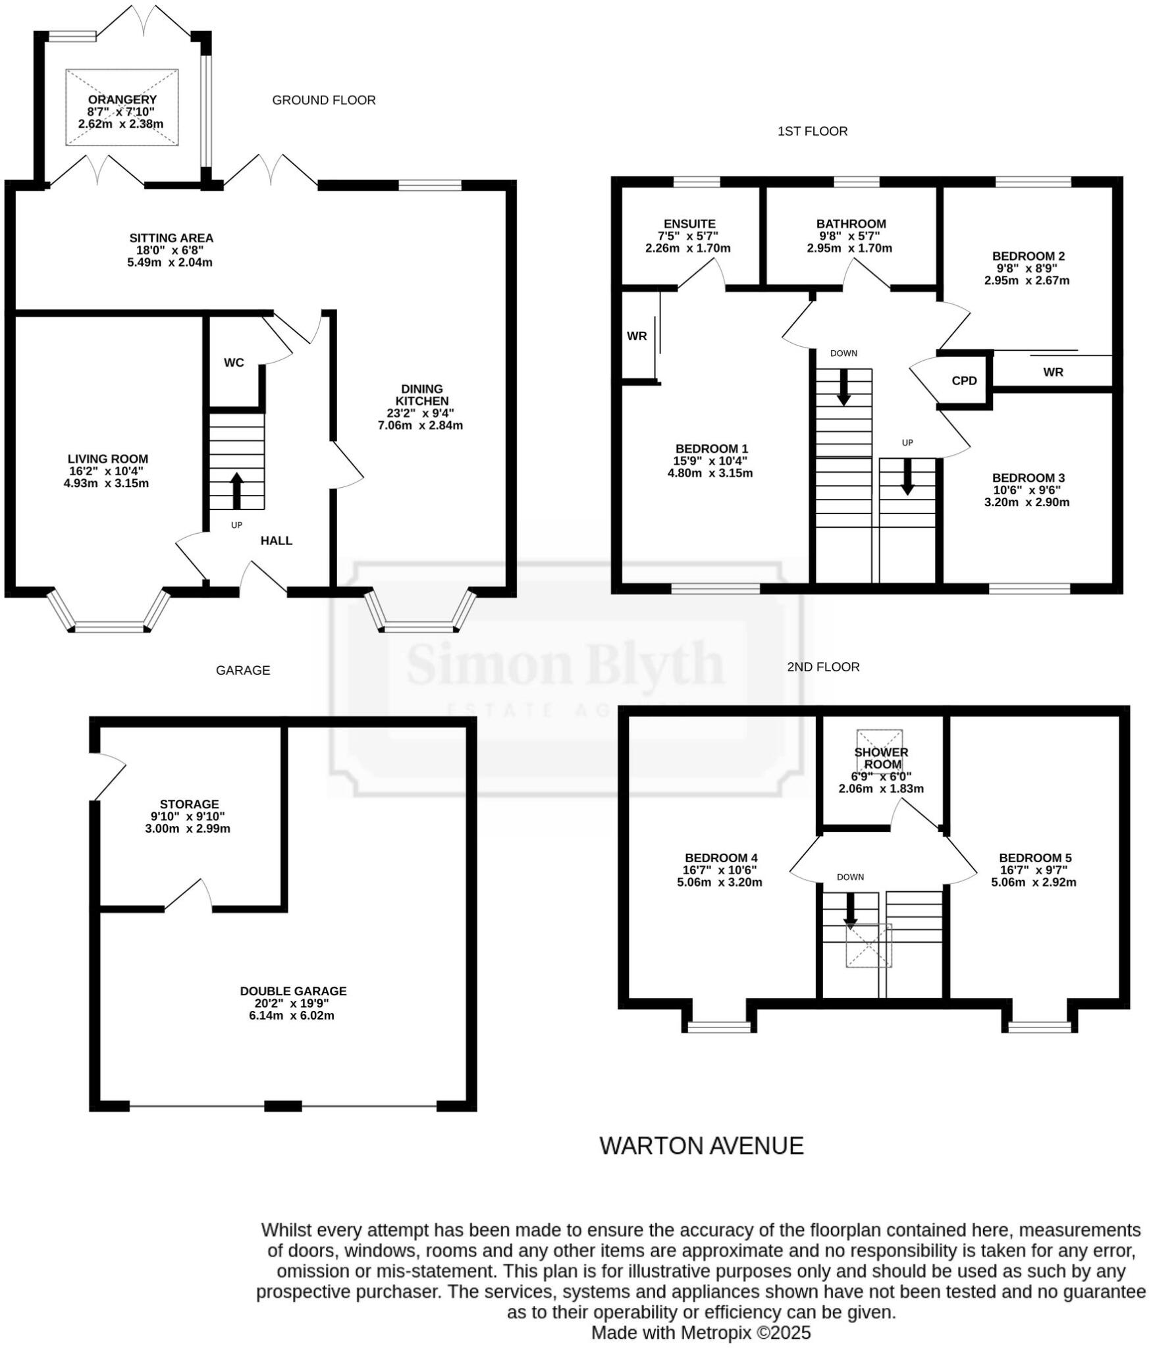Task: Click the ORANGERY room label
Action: pos(122,100)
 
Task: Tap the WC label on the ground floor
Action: pos(234,363)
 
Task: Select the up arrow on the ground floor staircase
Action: pos(236,490)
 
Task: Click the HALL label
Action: pos(276,541)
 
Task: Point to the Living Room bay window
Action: pos(109,627)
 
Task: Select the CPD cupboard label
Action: pos(964,381)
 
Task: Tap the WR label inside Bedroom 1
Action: pos(636,336)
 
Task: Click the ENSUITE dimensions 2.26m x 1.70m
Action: pos(687,249)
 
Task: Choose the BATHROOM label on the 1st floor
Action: pos(851,224)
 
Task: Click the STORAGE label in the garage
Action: pos(189,804)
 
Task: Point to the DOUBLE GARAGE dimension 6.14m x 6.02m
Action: pos(292,1016)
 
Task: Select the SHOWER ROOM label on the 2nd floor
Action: pos(881,758)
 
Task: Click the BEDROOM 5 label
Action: pos(1035,858)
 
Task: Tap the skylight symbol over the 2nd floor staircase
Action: pos(868,945)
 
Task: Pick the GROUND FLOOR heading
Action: pos(323,100)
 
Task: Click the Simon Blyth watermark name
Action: pos(564,664)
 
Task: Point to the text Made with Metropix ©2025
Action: pos(701,1333)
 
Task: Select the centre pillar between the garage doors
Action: pos(283,1106)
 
